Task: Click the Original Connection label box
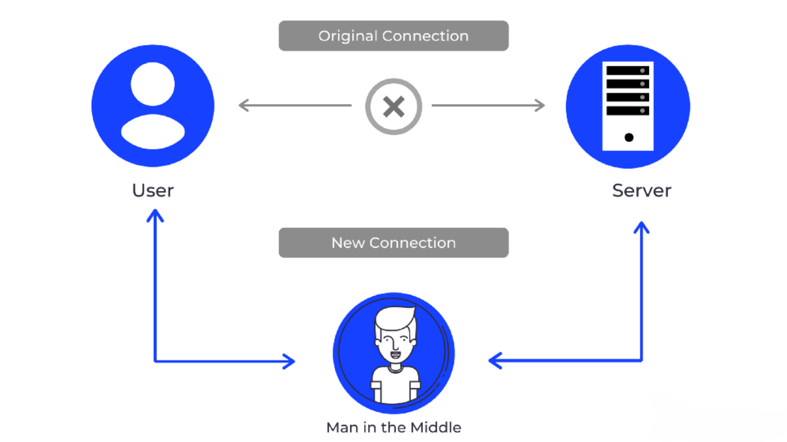click(393, 36)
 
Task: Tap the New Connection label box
click(393, 243)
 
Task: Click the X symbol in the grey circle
click(393, 107)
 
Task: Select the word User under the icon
click(153, 191)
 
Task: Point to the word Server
click(642, 191)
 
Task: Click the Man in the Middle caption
click(393, 428)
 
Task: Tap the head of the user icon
click(153, 84)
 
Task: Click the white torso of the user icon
click(153, 132)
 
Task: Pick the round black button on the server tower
click(629, 137)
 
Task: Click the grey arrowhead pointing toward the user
click(243, 105)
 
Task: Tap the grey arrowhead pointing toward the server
click(540, 105)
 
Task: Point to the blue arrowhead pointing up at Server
click(642, 227)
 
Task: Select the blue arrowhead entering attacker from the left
click(290, 361)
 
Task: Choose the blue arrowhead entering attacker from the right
click(494, 361)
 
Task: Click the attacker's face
click(396, 346)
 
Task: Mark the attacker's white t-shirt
click(395, 386)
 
